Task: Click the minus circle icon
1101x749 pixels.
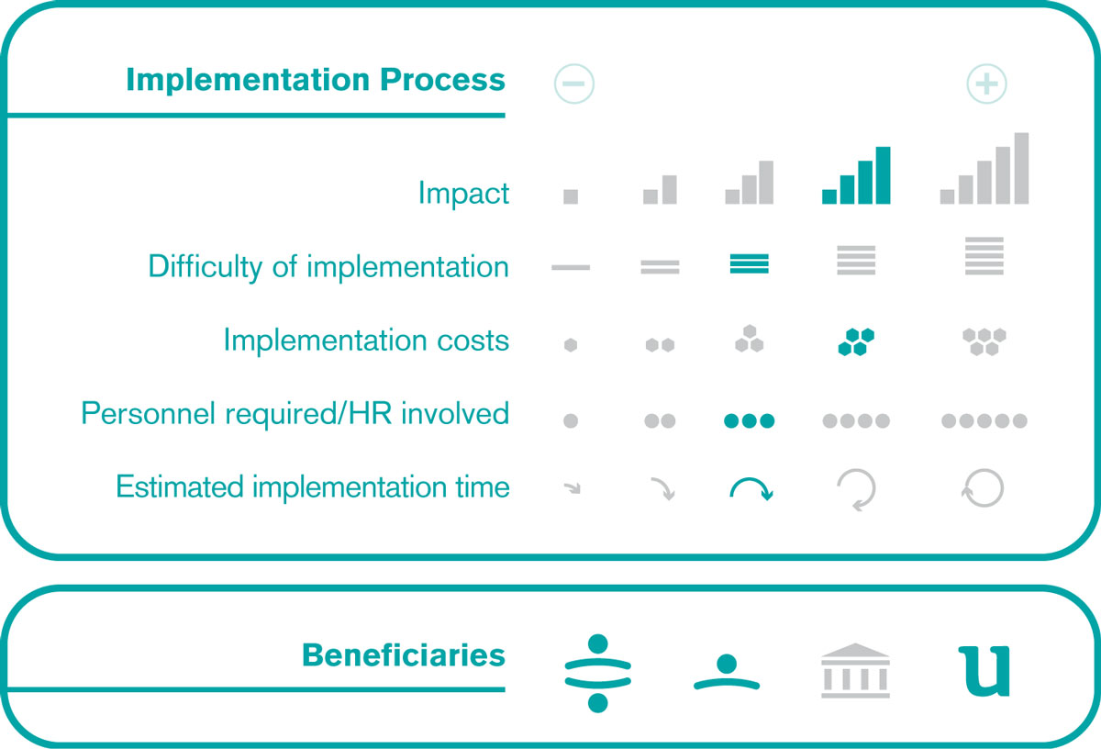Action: (x=574, y=84)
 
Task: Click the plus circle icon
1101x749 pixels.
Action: (x=986, y=84)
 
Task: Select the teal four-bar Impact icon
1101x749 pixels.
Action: (x=856, y=175)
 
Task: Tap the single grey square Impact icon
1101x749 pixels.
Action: (x=571, y=196)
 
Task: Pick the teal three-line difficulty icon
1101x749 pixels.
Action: (x=749, y=263)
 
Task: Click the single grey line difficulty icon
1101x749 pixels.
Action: (x=571, y=267)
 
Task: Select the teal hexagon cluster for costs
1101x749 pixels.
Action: (x=856, y=341)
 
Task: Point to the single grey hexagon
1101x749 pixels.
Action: (x=571, y=345)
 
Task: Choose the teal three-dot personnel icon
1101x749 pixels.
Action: (x=749, y=421)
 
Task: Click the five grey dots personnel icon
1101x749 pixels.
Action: (x=984, y=421)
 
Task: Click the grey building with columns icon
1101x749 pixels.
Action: (x=856, y=671)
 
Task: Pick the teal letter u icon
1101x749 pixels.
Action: (x=984, y=671)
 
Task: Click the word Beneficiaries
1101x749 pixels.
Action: (x=404, y=655)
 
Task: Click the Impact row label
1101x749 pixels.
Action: (x=463, y=194)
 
